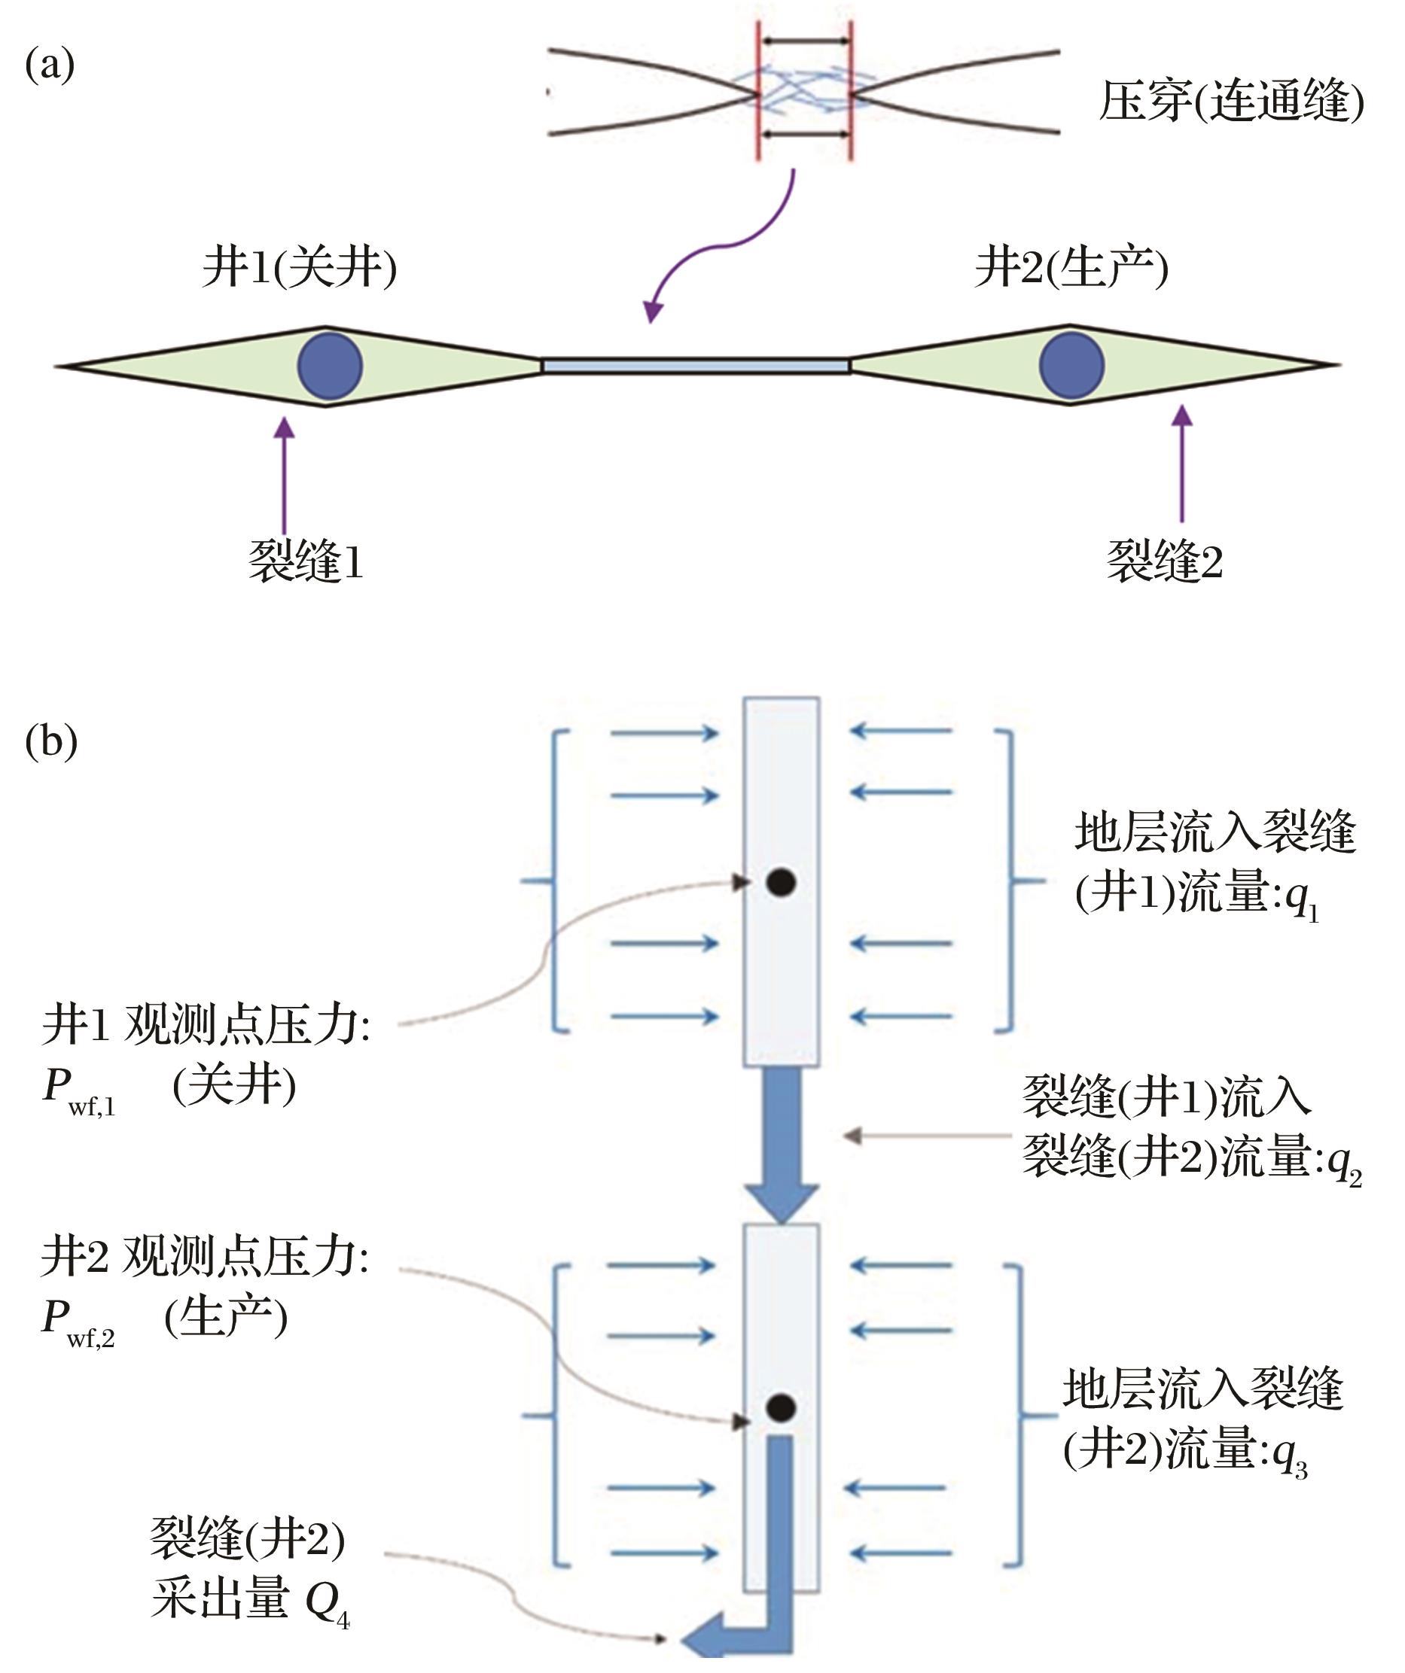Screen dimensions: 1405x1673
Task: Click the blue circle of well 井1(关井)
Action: (x=330, y=366)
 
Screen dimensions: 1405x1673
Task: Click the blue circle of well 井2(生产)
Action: (x=1072, y=365)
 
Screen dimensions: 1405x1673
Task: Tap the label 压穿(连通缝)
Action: (x=1231, y=101)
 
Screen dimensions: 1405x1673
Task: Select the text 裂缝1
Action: (x=306, y=561)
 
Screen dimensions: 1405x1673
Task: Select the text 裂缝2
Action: (x=1164, y=561)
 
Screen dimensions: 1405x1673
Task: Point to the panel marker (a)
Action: (x=50, y=65)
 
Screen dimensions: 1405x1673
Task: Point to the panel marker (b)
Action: (x=51, y=742)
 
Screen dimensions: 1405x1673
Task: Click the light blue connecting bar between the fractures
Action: (x=696, y=366)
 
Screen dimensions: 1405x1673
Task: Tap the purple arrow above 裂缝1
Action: (x=284, y=476)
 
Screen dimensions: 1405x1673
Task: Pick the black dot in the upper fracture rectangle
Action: (x=781, y=882)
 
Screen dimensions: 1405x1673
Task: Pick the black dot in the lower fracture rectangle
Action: (x=781, y=1407)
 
